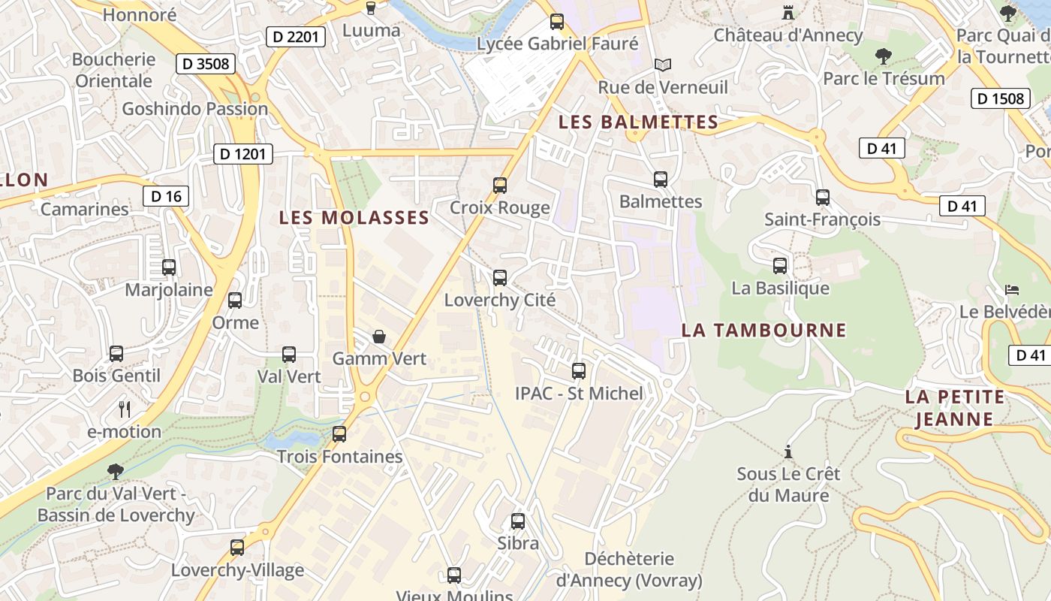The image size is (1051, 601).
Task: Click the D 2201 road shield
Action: pos(296,36)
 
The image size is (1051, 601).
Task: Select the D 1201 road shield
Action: pos(243,154)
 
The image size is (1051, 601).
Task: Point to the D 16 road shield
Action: pos(166,197)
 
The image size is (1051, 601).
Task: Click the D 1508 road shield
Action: pos(1001,98)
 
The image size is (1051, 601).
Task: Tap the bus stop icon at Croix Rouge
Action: pos(500,185)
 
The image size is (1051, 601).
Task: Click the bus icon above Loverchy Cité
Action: pos(500,278)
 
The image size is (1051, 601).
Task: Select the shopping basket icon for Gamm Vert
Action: pos(379,337)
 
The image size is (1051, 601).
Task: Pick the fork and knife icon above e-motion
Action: pos(125,409)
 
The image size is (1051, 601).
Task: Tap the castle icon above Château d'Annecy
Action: pos(788,13)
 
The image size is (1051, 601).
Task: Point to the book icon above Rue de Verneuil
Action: pos(662,65)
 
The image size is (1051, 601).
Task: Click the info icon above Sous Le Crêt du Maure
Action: pos(788,452)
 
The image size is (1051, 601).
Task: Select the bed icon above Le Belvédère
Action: pos(1012,289)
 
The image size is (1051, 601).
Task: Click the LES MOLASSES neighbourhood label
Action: pos(354,218)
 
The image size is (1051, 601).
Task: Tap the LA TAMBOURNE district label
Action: pos(763,330)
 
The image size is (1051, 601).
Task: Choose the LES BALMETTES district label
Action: pos(638,122)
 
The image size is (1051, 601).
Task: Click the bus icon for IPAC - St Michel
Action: pos(579,370)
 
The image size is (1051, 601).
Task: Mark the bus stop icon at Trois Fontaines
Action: pos(339,433)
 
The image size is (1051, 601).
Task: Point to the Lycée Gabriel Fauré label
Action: pos(557,44)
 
